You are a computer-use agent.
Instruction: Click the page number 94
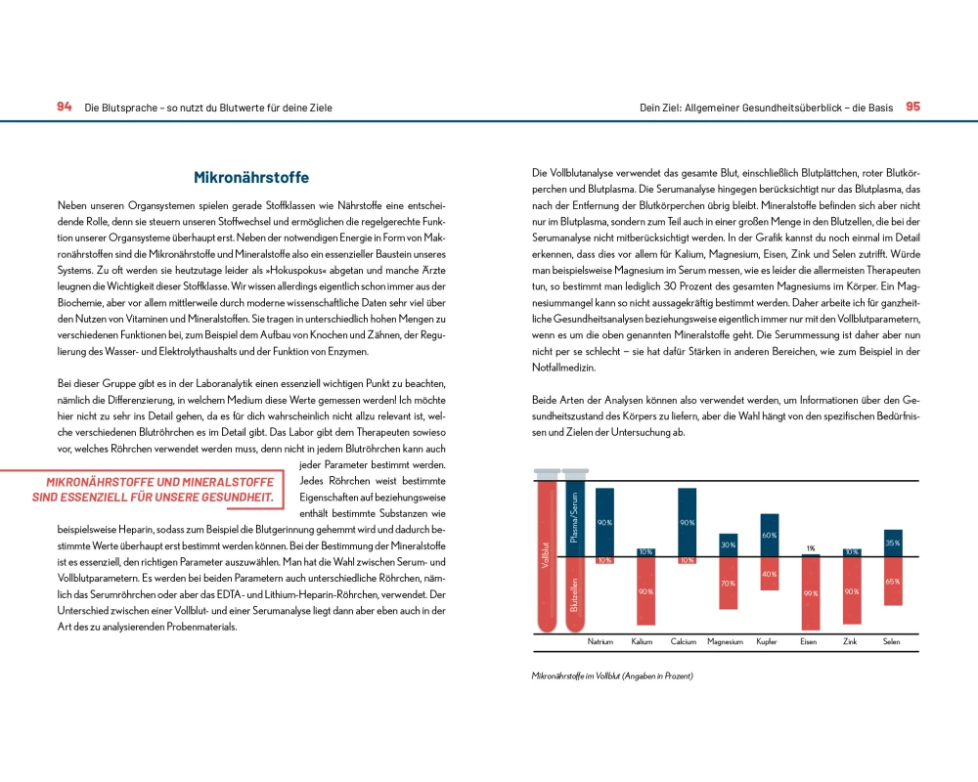(x=64, y=107)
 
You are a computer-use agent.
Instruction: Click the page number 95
(x=912, y=107)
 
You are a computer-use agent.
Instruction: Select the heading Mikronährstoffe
(x=251, y=178)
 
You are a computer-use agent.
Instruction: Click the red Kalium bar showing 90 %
(x=645, y=591)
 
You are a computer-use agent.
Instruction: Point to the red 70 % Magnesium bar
(x=728, y=584)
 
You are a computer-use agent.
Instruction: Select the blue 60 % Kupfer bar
(x=770, y=534)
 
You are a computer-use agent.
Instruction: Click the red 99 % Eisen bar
(x=811, y=593)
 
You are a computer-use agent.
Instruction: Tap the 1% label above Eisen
(x=811, y=547)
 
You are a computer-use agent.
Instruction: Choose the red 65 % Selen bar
(x=892, y=582)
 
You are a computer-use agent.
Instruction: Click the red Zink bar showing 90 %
(x=852, y=591)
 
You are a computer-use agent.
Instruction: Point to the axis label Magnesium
(x=725, y=642)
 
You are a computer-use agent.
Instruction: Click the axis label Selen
(x=892, y=642)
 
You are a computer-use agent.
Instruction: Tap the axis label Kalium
(x=642, y=642)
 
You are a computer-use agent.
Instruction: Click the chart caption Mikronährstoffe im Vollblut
(x=612, y=676)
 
